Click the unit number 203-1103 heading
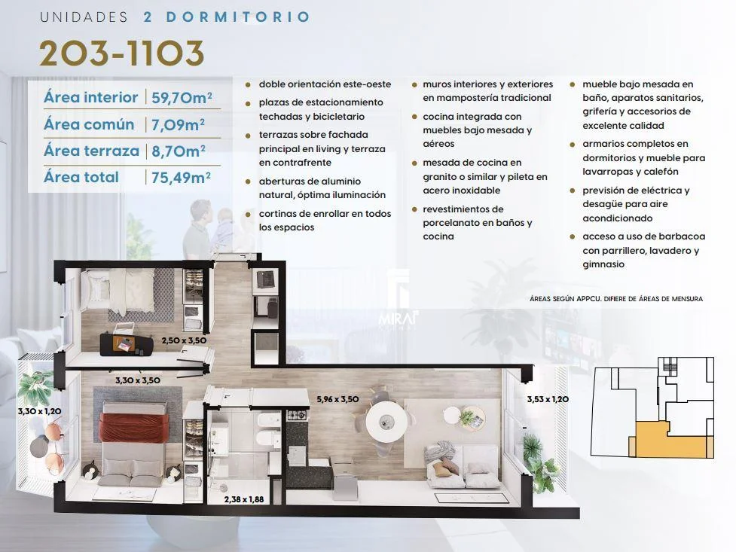tap(121, 53)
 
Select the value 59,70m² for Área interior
tap(182, 98)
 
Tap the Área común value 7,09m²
tap(178, 125)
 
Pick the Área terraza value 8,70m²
tap(179, 151)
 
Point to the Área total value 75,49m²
tap(181, 178)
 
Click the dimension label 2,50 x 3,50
tap(184, 340)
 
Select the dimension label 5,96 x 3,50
tap(337, 399)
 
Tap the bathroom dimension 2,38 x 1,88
tap(243, 499)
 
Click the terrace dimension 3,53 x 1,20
tap(548, 399)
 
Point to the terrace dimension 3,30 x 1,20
tap(39, 411)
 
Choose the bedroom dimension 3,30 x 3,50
tap(138, 380)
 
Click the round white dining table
tap(386, 421)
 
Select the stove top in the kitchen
tap(297, 415)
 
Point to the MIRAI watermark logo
tap(398, 319)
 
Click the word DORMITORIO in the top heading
tap(238, 17)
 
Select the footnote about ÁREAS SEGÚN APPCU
tap(616, 298)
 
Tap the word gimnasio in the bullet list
tap(603, 264)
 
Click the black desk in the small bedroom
tap(127, 344)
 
